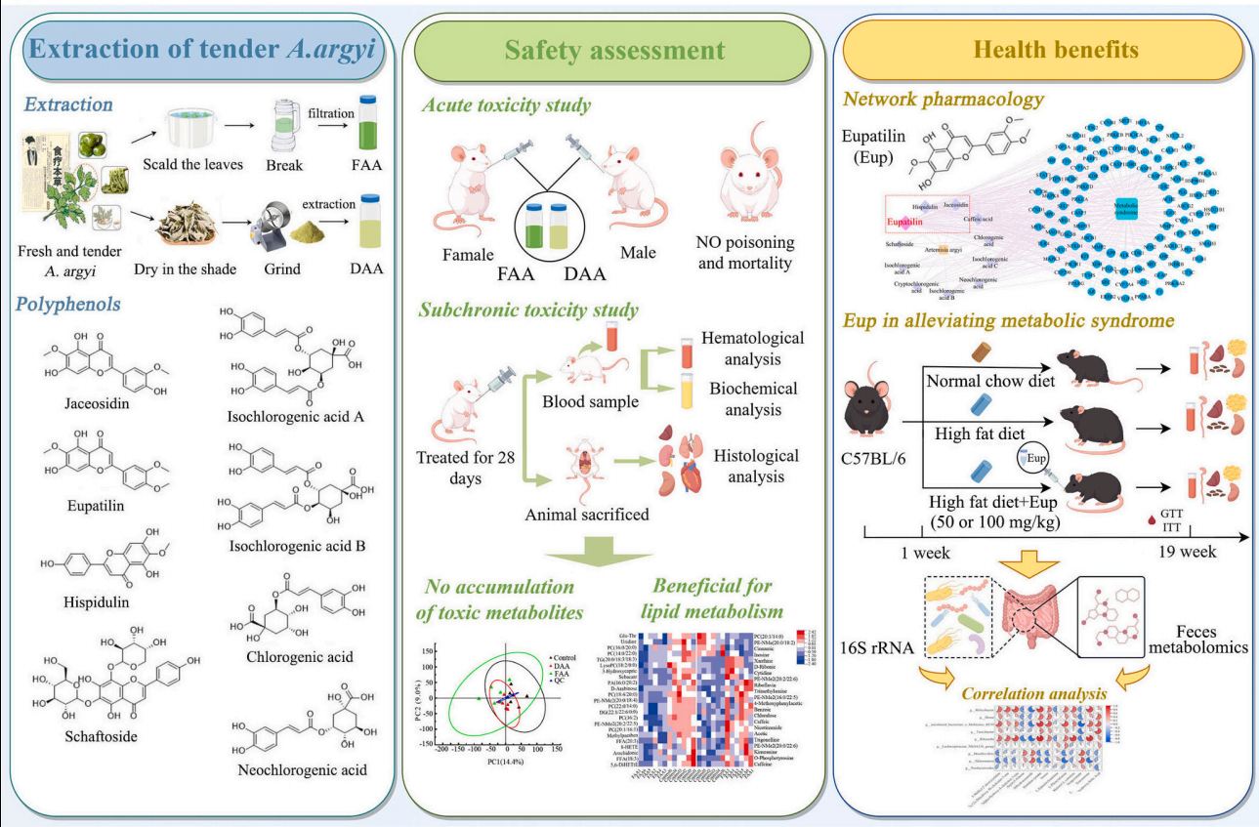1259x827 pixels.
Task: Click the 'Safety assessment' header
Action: (614, 51)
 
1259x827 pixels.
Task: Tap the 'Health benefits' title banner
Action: (1043, 50)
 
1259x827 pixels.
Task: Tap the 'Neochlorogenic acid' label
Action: (303, 770)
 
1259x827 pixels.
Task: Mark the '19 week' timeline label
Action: (1186, 552)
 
